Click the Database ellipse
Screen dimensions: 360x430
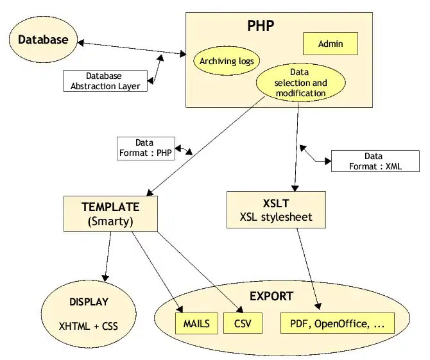(42, 40)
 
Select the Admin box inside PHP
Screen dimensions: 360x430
(330, 44)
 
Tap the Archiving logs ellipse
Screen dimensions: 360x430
(226, 62)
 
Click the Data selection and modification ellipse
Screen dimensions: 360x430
(300, 83)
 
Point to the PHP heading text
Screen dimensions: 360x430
(261, 26)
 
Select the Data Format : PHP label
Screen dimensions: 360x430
(144, 148)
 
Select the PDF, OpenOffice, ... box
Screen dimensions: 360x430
(337, 323)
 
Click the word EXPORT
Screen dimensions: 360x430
(271, 296)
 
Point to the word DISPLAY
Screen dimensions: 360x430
(89, 302)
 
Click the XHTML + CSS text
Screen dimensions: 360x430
(89, 326)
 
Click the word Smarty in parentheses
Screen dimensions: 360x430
(110, 222)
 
